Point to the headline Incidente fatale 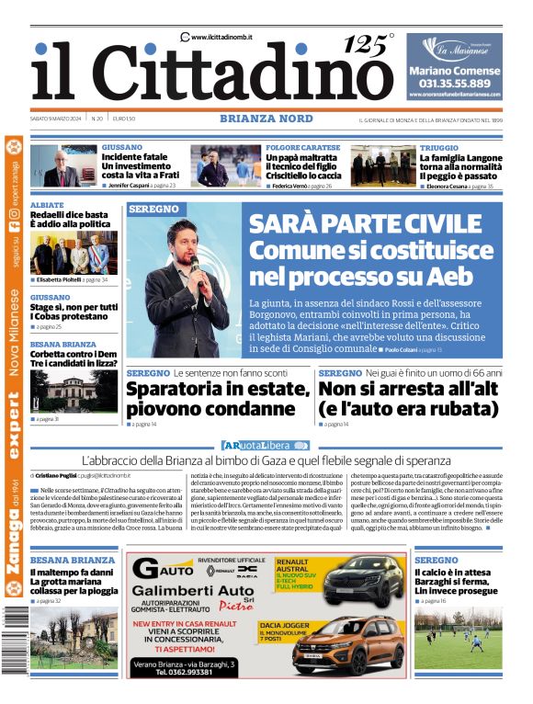click(x=135, y=158)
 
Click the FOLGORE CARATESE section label click(x=302, y=147)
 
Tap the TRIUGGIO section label click(x=440, y=147)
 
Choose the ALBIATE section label click(x=47, y=205)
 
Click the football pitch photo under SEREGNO click(x=458, y=640)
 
